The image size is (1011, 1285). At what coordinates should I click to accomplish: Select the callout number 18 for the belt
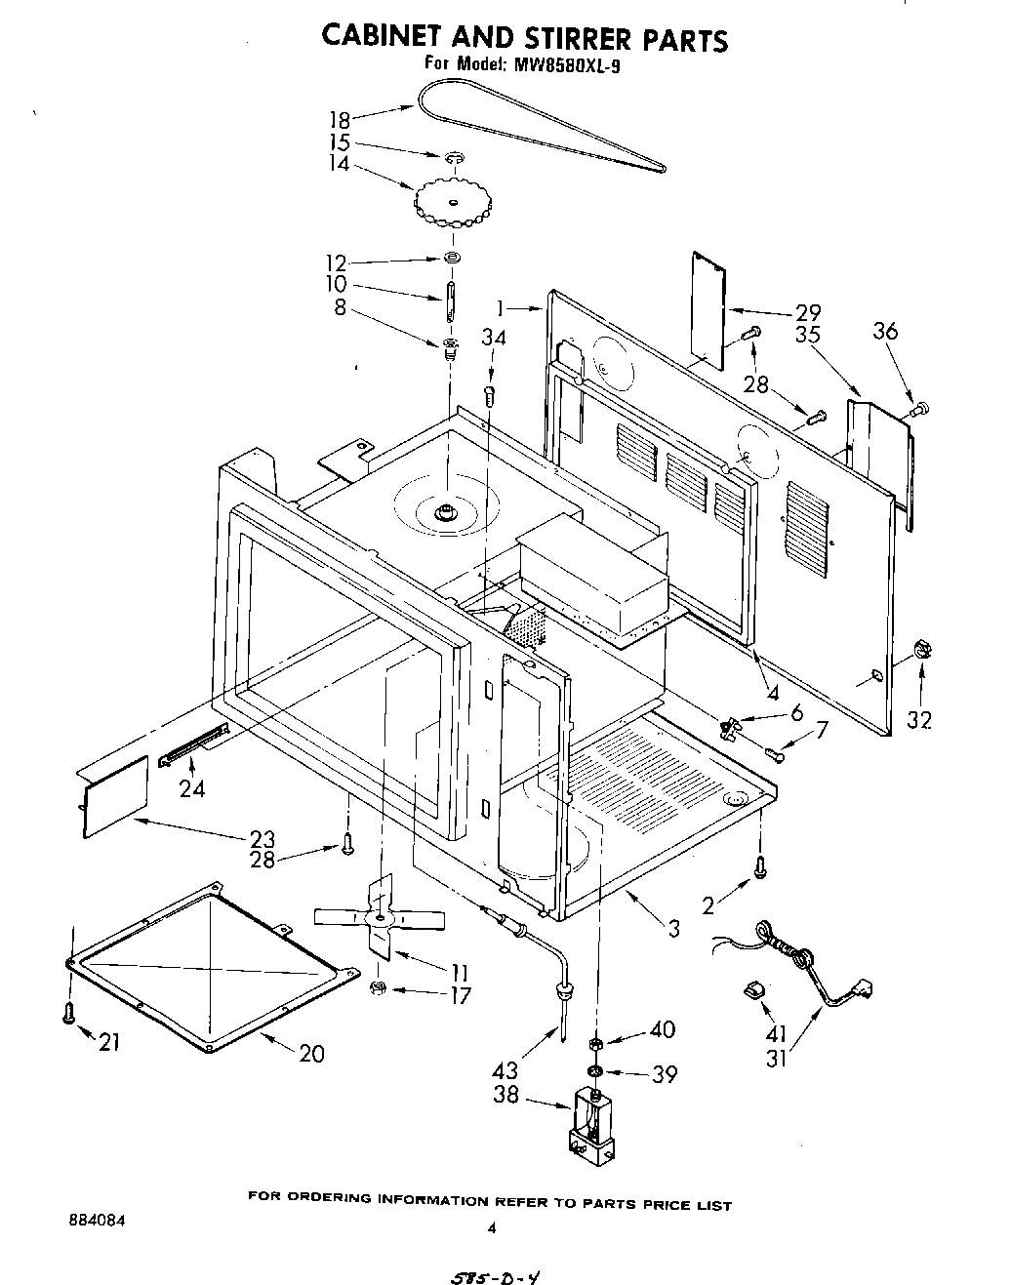(339, 120)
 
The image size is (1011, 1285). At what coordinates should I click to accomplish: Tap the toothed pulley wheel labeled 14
(453, 201)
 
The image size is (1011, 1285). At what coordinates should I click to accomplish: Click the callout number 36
(885, 332)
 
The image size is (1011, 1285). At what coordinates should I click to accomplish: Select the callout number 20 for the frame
(311, 1054)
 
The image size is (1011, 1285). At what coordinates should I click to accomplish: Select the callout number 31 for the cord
(777, 1058)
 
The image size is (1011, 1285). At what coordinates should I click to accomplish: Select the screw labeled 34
(491, 394)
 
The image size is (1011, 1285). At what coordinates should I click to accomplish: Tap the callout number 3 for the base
(673, 929)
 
